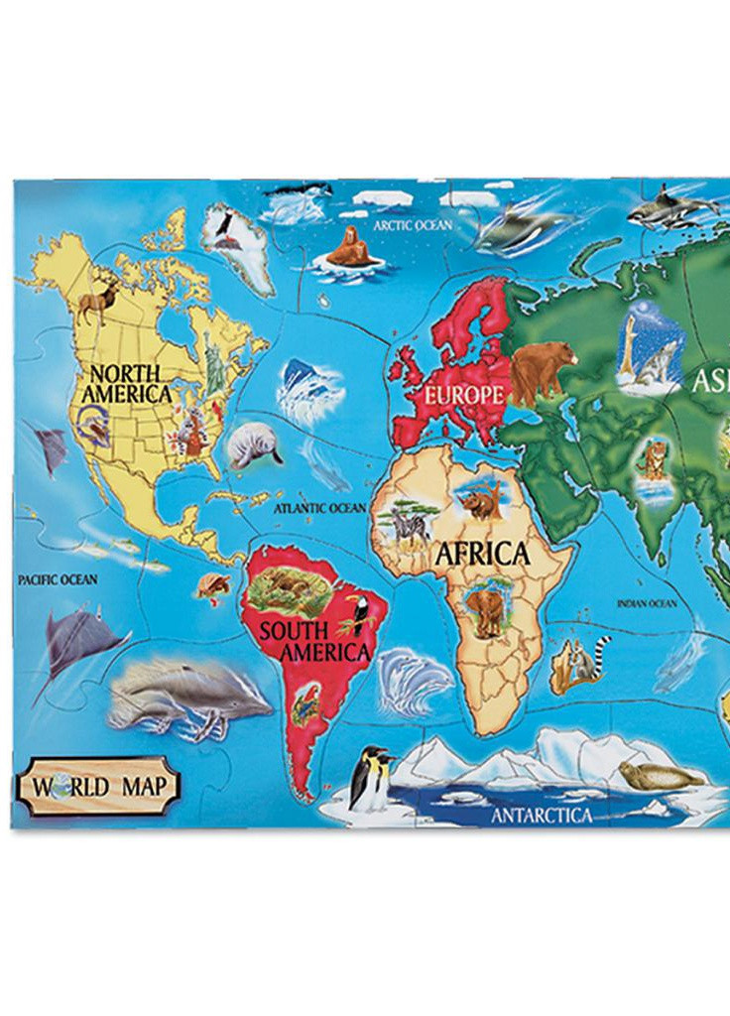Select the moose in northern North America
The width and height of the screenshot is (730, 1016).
(98, 299)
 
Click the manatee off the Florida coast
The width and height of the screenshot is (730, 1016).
(253, 446)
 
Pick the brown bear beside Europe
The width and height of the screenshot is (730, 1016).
(542, 367)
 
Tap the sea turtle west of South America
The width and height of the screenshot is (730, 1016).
(213, 585)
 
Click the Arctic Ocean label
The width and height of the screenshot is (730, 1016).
(413, 225)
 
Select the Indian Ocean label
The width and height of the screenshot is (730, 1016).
(647, 603)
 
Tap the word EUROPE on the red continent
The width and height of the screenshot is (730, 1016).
(464, 394)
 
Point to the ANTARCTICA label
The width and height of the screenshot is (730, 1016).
(542, 816)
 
